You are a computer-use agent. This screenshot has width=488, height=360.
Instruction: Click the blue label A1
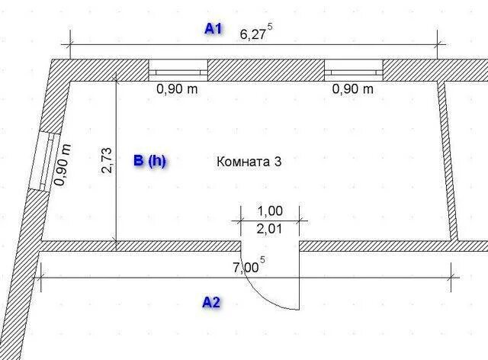(x=213, y=29)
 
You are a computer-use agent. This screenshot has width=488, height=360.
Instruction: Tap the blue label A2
(x=211, y=303)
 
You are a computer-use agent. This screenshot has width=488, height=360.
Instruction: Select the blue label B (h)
(x=149, y=161)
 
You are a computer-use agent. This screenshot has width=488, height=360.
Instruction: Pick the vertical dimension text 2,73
(x=107, y=162)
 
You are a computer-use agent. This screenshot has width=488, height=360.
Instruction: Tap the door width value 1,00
(x=270, y=211)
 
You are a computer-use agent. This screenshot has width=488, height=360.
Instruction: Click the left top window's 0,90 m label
(x=177, y=89)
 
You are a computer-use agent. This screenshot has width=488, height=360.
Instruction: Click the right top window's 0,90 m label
(x=353, y=89)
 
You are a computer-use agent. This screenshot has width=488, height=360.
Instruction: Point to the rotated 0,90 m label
(x=64, y=165)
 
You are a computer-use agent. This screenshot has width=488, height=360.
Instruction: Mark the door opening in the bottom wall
(x=271, y=246)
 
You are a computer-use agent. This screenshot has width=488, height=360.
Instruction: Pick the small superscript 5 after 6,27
(x=270, y=27)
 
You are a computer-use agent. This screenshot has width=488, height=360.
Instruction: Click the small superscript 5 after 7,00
(x=263, y=261)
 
